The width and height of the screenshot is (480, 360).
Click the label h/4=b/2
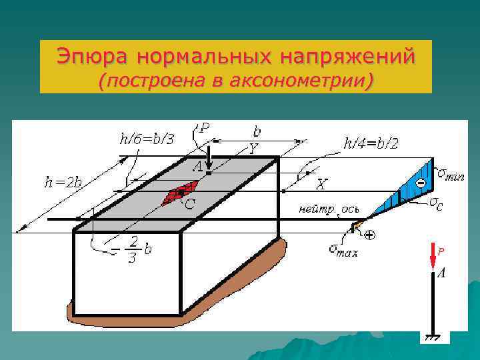point(371,143)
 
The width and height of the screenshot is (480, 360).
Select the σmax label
point(343,250)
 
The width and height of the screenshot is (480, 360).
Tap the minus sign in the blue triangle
point(421,183)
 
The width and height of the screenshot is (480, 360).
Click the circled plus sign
point(369,235)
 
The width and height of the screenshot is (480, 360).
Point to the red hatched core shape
point(175,194)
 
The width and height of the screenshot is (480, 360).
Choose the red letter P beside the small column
point(441,251)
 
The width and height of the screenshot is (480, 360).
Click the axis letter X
point(322,183)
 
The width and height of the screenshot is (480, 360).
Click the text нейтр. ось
point(329,209)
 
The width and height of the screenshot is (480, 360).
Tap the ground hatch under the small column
point(433,338)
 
